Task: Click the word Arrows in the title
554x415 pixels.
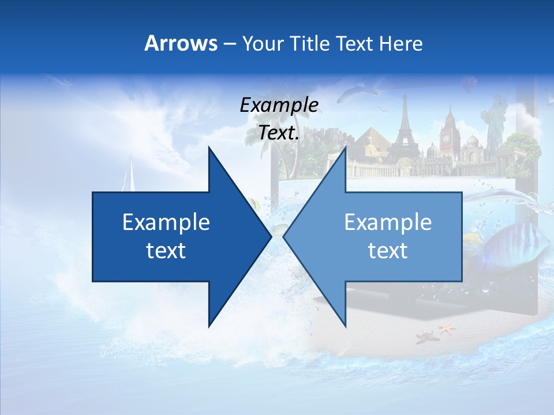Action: (181, 43)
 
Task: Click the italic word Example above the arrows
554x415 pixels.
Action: (279, 105)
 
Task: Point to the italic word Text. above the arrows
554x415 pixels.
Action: (279, 133)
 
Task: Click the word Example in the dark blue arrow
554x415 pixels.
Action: (166, 222)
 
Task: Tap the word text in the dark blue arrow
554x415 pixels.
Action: (166, 250)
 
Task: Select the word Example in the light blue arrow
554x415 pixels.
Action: (388, 222)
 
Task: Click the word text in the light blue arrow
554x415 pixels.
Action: (388, 250)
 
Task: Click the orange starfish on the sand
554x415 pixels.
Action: (446, 329)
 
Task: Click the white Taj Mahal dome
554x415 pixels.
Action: (471, 141)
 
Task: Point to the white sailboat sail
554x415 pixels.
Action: (130, 173)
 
